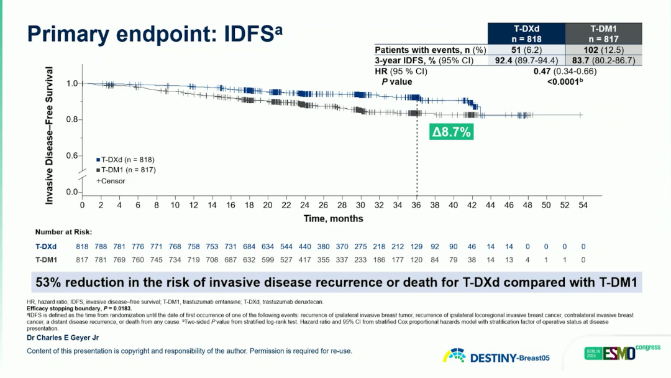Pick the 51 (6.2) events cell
click(x=526, y=50)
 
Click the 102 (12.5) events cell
click(x=603, y=50)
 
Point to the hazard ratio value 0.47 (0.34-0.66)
click(x=565, y=71)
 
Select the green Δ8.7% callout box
click(x=452, y=132)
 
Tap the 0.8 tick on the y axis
click(x=72, y=119)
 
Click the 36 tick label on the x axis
click(x=416, y=205)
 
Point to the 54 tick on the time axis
click(x=583, y=205)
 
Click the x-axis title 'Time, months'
click(x=333, y=218)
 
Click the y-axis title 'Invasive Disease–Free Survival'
click(x=50, y=136)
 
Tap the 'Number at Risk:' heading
click(x=63, y=232)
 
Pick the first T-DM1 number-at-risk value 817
click(x=82, y=260)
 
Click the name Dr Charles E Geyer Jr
click(x=63, y=338)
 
